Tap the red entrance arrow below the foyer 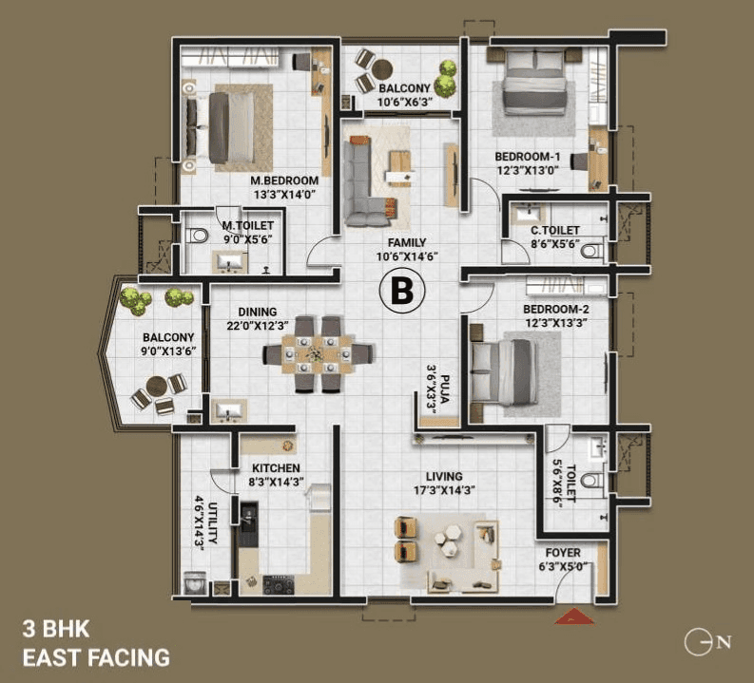pyautogui.click(x=574, y=617)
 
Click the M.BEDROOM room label pyautogui.click(x=284, y=180)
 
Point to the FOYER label pyautogui.click(x=563, y=553)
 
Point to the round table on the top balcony pyautogui.click(x=381, y=68)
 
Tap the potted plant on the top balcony pyautogui.click(x=445, y=71)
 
